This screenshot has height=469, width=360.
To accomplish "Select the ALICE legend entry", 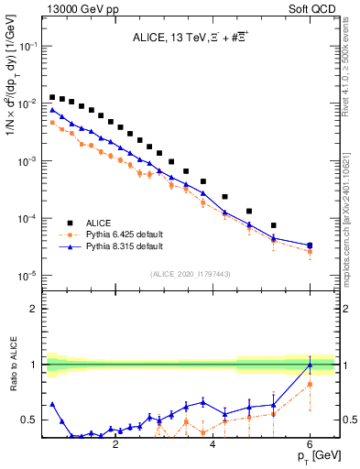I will click(x=99, y=222).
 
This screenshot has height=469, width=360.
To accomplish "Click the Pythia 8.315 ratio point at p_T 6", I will click(x=310, y=365).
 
